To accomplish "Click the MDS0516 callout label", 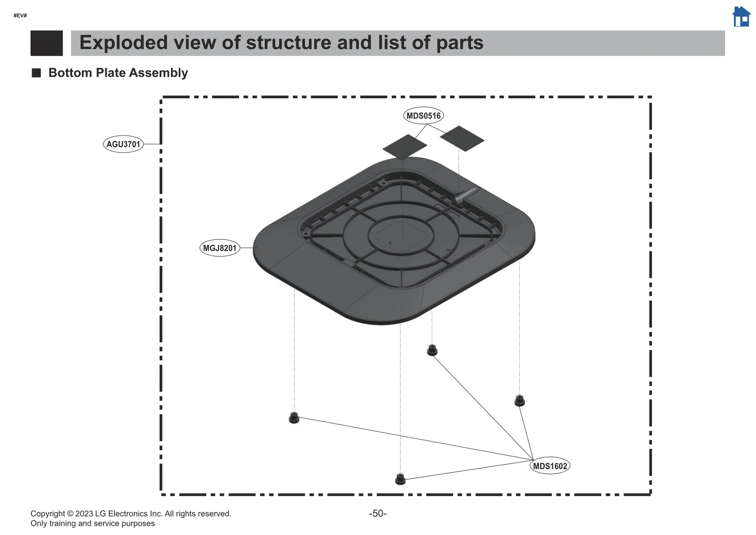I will point(424,115).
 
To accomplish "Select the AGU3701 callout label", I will point(123,144).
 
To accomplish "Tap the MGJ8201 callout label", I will point(220,248).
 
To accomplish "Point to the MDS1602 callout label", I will point(550,466).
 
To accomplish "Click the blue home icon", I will point(741,17).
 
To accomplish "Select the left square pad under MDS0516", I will point(404,147).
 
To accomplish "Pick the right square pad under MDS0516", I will point(462,138).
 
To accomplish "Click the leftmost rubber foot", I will point(294,418).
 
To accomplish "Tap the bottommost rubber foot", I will point(400,479).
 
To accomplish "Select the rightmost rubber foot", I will point(519,400).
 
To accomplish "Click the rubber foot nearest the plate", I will point(432,350).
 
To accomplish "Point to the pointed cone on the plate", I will point(465,194).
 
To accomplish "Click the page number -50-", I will point(378,513).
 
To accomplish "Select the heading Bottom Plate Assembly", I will point(118,73).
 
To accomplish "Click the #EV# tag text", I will point(20,16).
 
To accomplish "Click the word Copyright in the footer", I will point(48,514).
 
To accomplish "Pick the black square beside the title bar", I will point(46,43).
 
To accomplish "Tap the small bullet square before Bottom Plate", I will point(36,73).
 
